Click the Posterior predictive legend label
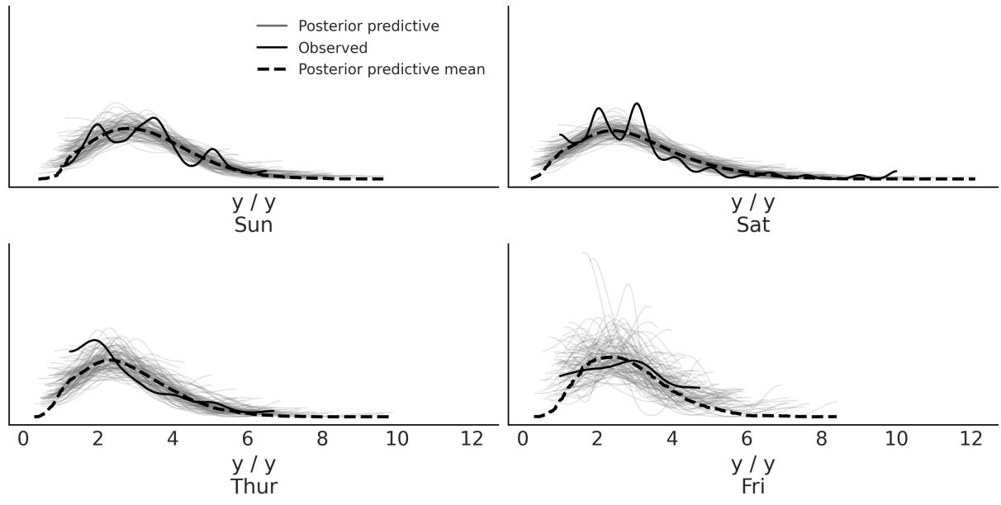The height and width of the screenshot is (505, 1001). pos(368,26)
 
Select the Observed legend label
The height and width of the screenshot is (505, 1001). pos(333,48)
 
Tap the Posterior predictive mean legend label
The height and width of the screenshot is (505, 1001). pos(391,69)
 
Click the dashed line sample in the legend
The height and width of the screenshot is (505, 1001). pos(271,69)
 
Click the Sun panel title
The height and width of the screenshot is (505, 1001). pos(254,224)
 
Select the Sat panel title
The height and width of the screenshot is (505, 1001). pos(753,224)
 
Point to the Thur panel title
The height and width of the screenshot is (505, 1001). pos(254,486)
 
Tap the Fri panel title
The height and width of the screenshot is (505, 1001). pos(753,486)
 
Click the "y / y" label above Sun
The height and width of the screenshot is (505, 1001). pos(254,202)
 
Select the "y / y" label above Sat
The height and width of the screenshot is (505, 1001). pos(753,202)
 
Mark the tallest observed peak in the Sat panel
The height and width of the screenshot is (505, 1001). pos(636,104)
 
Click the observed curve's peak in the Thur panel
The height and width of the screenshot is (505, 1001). pos(96,341)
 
